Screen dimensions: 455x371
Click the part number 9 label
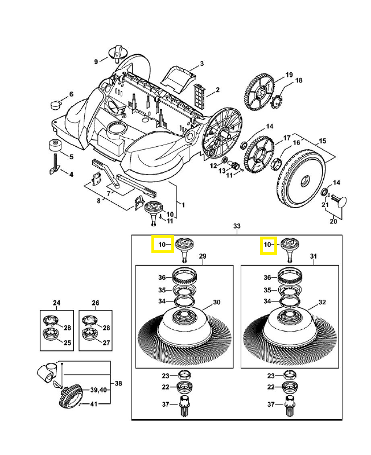point(97,61)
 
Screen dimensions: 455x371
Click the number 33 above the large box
point(237,226)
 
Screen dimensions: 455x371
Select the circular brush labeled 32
point(287,326)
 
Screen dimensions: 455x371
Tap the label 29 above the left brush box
point(202,258)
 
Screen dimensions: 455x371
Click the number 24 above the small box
point(57,303)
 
